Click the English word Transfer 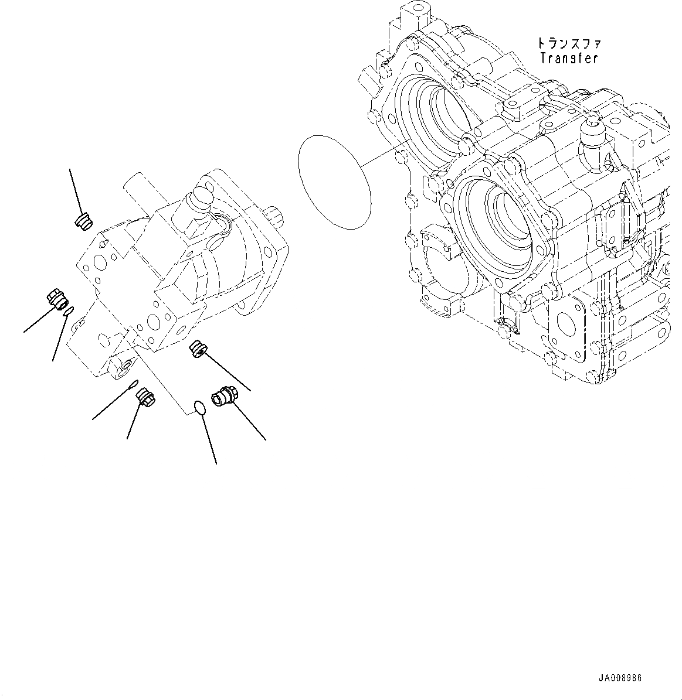(569, 59)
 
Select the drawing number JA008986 (620, 678)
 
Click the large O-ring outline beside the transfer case (335, 182)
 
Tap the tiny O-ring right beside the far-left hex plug (69, 310)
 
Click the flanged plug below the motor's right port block (196, 350)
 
